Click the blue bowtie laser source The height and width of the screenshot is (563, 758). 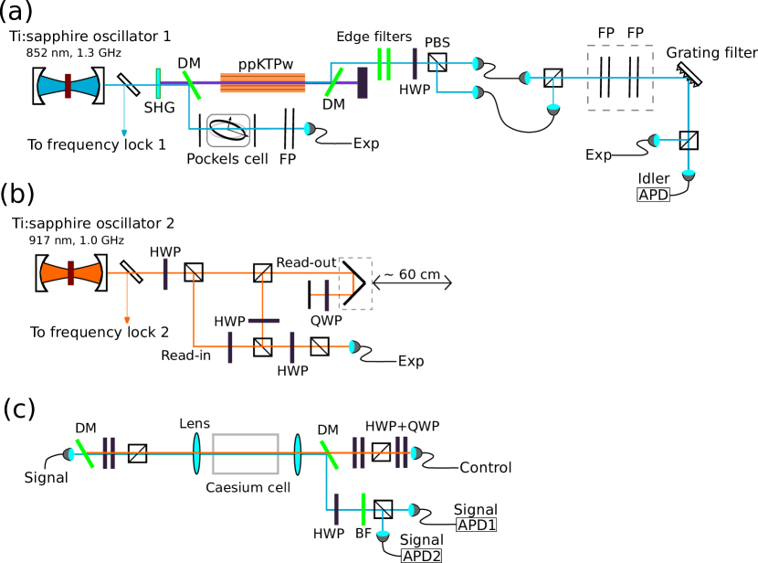click(x=68, y=85)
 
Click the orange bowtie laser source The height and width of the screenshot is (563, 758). click(x=71, y=272)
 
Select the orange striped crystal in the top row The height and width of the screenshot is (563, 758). click(x=263, y=83)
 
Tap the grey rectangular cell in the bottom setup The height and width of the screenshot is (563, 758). click(x=246, y=453)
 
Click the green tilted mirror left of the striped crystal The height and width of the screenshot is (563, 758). click(x=192, y=85)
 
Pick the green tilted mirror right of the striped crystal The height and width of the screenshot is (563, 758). click(x=333, y=82)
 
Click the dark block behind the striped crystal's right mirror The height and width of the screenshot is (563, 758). click(x=363, y=83)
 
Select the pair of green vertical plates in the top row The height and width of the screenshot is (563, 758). click(x=384, y=64)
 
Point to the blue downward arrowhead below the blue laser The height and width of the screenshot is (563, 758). click(x=124, y=133)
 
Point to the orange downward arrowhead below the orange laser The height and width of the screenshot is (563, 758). click(x=127, y=321)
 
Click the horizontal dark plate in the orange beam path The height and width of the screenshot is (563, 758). click(x=264, y=321)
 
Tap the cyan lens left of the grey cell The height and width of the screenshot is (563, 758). click(x=196, y=453)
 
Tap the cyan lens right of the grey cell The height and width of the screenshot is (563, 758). click(x=298, y=453)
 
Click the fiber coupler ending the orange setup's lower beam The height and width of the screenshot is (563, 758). click(x=353, y=346)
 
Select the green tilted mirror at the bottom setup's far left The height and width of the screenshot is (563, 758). click(x=85, y=453)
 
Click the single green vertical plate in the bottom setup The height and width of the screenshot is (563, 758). click(x=363, y=509)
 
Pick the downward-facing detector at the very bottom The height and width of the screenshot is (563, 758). click(x=383, y=536)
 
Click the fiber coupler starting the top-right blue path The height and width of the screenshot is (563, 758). click(x=526, y=78)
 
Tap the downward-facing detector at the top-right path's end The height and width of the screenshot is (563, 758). click(x=688, y=174)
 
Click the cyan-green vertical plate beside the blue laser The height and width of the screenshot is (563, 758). click(x=158, y=83)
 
